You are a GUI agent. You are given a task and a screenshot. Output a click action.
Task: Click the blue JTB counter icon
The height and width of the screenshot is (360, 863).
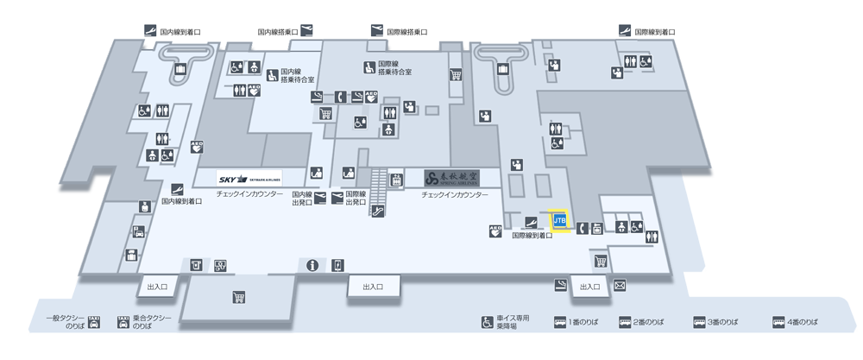point(559,220)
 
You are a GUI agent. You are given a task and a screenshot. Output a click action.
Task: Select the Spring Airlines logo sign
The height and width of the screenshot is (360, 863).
point(450,179)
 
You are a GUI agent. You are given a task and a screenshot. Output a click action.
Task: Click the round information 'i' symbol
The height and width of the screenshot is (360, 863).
point(312,264)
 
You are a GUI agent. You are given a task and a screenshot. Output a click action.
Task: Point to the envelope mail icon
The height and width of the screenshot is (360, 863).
point(620,285)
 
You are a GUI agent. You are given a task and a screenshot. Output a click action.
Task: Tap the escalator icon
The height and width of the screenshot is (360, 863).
point(378,210)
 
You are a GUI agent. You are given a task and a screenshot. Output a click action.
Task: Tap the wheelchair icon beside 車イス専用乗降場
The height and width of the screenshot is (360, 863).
point(488,323)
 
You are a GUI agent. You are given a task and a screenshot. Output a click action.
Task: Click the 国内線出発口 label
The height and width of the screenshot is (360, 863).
point(301,199)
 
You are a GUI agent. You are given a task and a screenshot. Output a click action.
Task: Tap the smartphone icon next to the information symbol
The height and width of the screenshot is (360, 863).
point(337,264)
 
